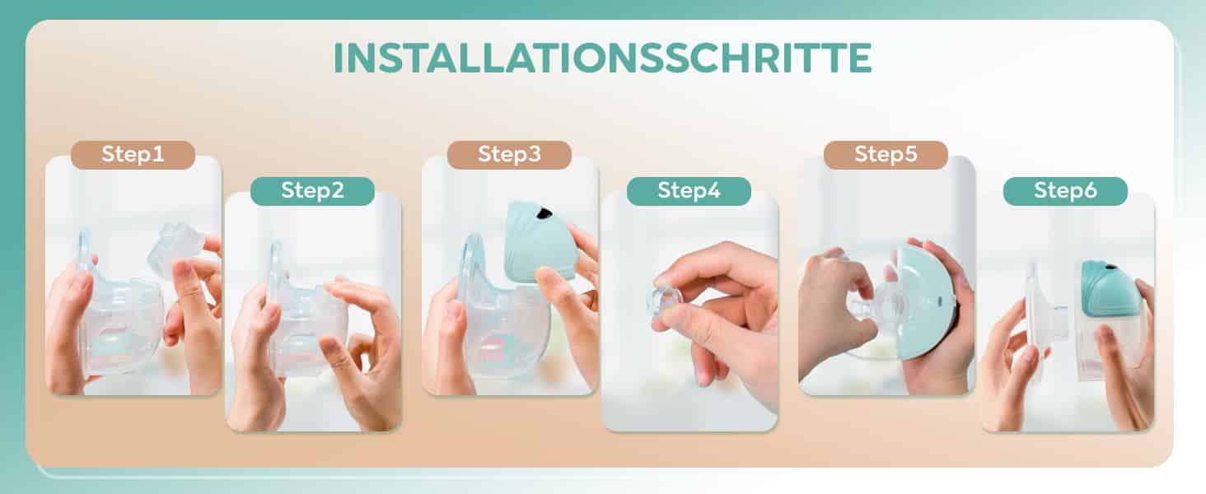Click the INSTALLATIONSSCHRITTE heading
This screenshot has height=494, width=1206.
pos(602,58)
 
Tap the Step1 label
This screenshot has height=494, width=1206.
pos(133,155)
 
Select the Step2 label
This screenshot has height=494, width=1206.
pos(313,191)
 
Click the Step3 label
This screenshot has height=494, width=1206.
pos(509,155)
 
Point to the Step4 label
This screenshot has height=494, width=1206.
pos(689,191)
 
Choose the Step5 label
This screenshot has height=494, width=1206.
pos(886,155)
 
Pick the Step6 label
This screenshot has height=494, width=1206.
pos(1065,191)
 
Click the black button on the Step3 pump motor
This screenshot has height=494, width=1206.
pos(545,213)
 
